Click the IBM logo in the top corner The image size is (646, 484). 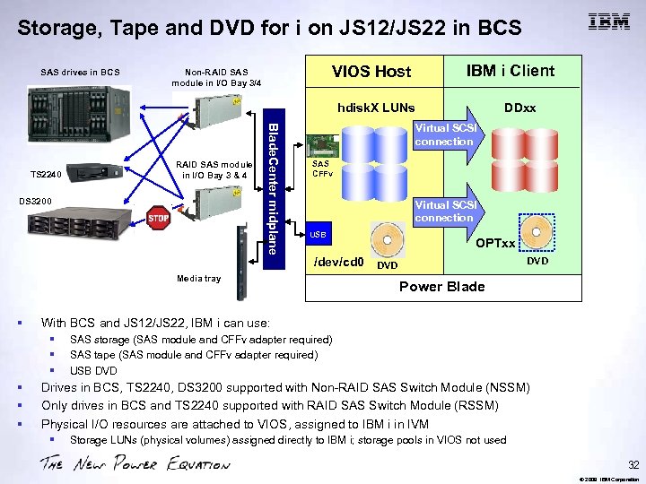608,22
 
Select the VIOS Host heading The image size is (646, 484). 371,72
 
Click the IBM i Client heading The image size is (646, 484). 511,71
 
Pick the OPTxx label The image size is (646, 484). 495,243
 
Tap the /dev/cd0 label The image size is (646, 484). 337,263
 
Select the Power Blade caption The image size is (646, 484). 441,287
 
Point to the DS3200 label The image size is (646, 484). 35,201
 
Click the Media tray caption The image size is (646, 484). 198,279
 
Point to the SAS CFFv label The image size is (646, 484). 321,169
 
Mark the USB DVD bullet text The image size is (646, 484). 93,371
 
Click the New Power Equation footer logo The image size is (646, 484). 135,462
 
